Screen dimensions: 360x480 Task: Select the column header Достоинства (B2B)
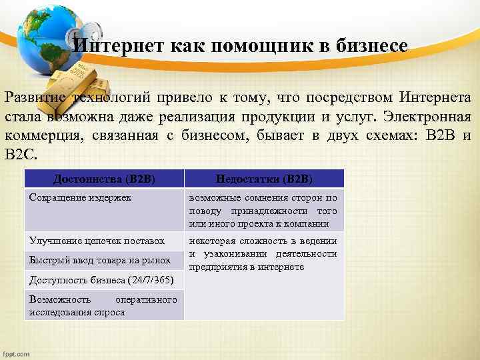pos(103,179)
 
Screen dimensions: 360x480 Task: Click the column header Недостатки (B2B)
pos(263,179)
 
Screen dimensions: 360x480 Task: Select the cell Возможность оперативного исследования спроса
pos(103,305)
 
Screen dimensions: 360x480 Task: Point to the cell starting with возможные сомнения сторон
pos(263,210)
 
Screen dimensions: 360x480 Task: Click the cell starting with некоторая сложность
pos(263,254)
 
